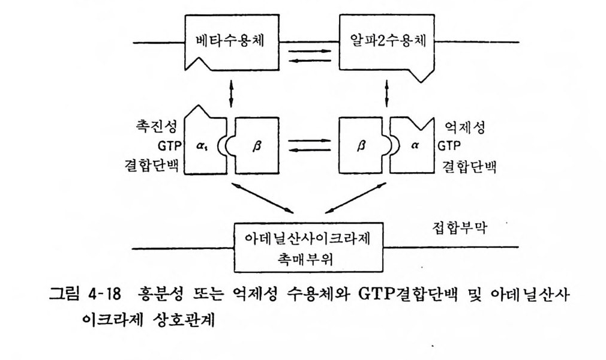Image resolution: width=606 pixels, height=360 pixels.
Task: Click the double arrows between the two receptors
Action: click(x=310, y=55)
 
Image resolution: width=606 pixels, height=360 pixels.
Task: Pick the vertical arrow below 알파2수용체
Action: click(x=386, y=93)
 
